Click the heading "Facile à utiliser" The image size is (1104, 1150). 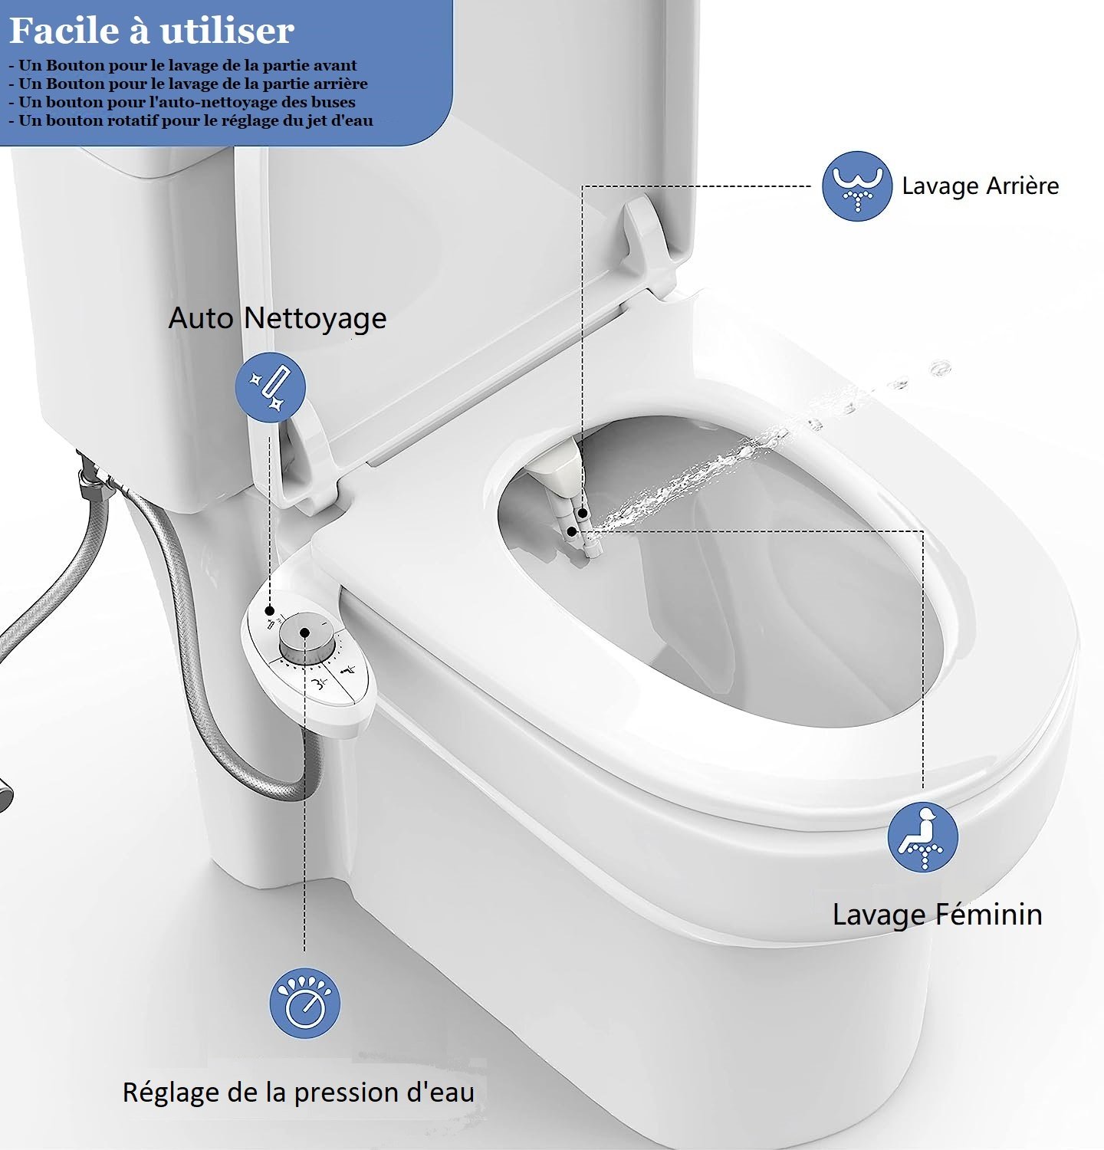pos(152,31)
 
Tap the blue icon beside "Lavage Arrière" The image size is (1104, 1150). pos(857,186)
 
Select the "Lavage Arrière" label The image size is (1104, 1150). pos(980,186)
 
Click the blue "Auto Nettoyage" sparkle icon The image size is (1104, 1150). pos(271,386)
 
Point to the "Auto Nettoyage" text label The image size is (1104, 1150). pos(278,318)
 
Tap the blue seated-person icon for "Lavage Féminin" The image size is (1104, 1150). pos(923,836)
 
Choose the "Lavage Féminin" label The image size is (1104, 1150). pos(937,914)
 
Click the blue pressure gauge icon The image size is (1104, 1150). pos(304,1003)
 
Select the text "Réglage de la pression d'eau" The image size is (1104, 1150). pos(298,1092)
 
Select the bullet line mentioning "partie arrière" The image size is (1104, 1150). pos(188,84)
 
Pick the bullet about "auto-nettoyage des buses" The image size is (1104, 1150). pos(182,102)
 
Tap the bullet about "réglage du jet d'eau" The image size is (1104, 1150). pos(191,120)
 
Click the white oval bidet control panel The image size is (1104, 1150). pos(309,652)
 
